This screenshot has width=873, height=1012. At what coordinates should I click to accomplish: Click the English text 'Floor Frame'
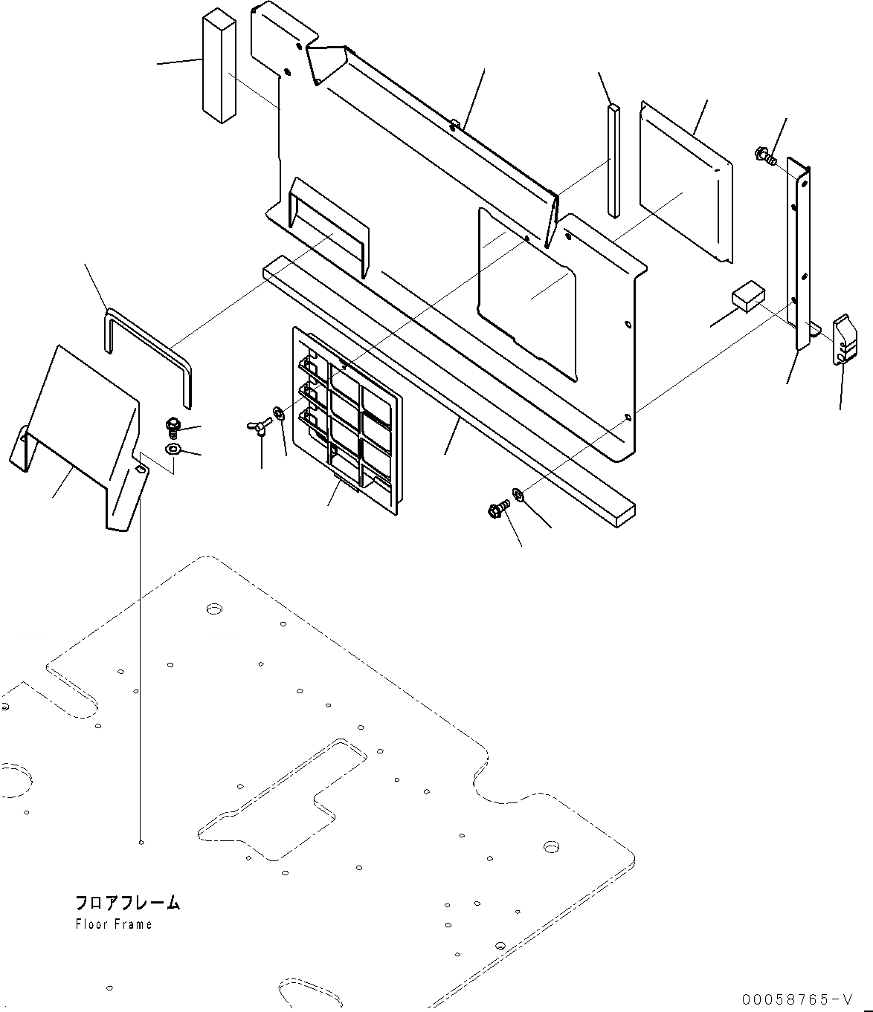tap(113, 924)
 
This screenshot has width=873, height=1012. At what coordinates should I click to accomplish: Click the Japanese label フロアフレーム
tap(127, 904)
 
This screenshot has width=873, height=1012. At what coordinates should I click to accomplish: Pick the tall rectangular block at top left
tap(219, 65)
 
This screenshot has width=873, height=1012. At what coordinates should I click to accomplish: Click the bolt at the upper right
tap(764, 156)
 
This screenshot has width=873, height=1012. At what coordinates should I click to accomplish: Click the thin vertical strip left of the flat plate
tap(613, 160)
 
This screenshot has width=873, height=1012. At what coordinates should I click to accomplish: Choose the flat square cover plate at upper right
tap(686, 182)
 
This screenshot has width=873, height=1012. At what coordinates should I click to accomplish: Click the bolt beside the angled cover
tap(172, 427)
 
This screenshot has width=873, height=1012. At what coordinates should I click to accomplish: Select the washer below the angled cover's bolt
tap(174, 447)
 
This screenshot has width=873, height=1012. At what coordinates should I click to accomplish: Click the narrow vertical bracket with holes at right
tap(800, 253)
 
